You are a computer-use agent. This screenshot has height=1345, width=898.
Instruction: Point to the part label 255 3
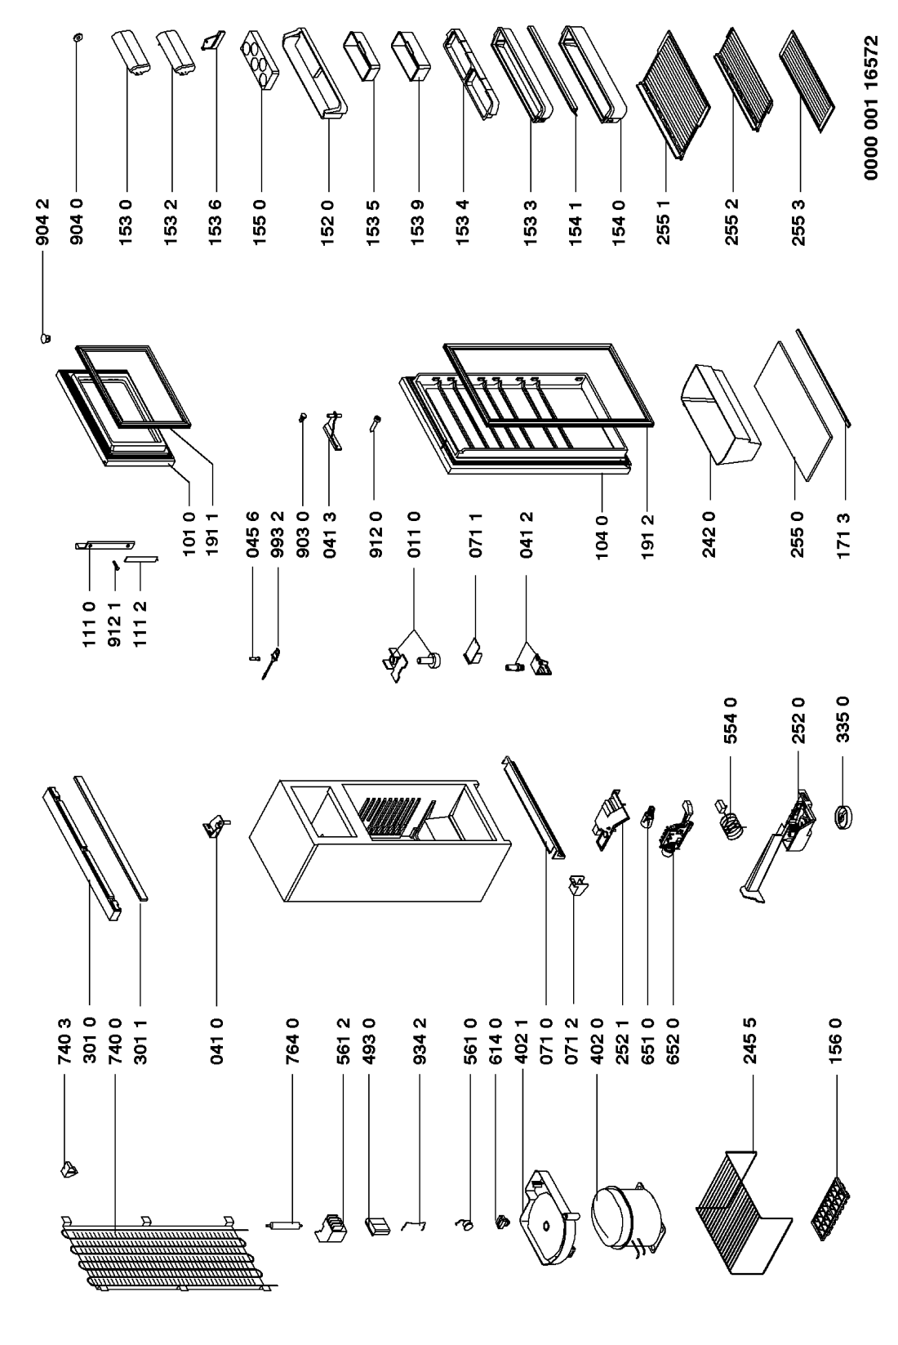tap(799, 223)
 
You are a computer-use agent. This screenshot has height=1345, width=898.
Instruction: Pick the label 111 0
tap(90, 625)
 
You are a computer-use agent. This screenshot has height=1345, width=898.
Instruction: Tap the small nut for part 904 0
tap(76, 38)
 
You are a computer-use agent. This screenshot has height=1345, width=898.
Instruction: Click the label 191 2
tap(647, 537)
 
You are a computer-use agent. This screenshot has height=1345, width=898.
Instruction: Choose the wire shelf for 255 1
tap(673, 96)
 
